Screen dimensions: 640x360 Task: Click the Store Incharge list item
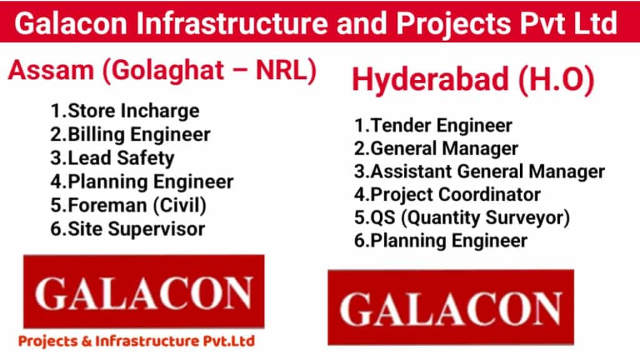click(125, 111)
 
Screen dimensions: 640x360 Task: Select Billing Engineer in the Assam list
click(130, 135)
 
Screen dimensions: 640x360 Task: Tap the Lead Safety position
click(112, 158)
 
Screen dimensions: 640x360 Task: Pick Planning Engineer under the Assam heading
click(142, 182)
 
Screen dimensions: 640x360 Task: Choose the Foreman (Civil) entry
click(128, 205)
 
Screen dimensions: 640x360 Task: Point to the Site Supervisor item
click(127, 229)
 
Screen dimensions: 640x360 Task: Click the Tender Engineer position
click(433, 125)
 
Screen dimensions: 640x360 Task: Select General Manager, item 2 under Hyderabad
click(436, 149)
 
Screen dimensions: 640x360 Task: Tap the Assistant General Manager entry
click(479, 171)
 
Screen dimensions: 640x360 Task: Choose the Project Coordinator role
click(447, 195)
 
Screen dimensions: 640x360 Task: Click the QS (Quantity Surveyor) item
click(462, 218)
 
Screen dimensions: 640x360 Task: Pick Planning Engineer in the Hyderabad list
click(441, 241)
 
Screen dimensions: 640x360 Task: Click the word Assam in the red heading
click(51, 70)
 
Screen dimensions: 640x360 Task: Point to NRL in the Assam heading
click(281, 70)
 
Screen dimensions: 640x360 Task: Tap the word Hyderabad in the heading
click(430, 79)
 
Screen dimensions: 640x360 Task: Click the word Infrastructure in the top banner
click(232, 23)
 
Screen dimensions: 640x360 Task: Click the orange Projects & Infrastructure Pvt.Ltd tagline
click(136, 341)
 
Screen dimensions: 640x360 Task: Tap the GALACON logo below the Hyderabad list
click(451, 307)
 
